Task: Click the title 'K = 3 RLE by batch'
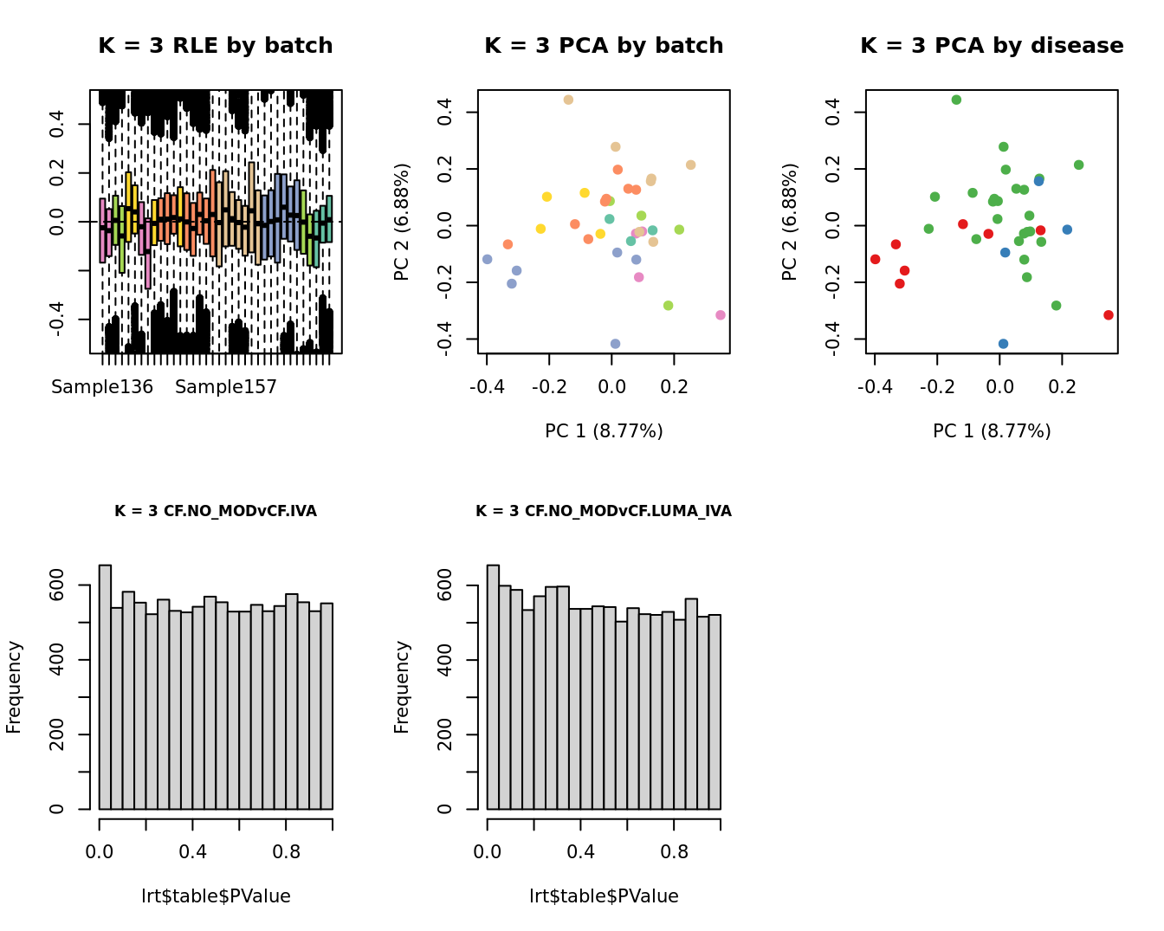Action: click(215, 46)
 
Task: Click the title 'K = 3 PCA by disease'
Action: click(992, 46)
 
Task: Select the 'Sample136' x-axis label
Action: click(102, 387)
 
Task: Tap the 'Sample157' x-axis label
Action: click(226, 387)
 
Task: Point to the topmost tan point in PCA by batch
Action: click(568, 100)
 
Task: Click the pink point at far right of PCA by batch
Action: click(721, 315)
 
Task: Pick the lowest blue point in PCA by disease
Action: click(1003, 344)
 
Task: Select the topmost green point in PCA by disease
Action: click(956, 100)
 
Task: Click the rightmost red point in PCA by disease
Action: click(1109, 315)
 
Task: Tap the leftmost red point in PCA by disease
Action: click(876, 260)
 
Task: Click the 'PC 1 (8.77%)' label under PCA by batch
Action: click(604, 431)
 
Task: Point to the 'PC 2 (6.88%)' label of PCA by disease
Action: click(789, 222)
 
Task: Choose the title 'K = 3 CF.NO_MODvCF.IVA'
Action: click(216, 512)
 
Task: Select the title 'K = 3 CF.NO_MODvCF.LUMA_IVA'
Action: click(604, 512)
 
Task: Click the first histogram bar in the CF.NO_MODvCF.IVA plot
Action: click(105, 688)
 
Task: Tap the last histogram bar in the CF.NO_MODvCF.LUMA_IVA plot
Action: click(715, 712)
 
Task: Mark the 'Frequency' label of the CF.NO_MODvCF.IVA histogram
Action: click(14, 687)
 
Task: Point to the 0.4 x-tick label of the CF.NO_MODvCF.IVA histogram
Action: click(193, 852)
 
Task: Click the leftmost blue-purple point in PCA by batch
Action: click(488, 260)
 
